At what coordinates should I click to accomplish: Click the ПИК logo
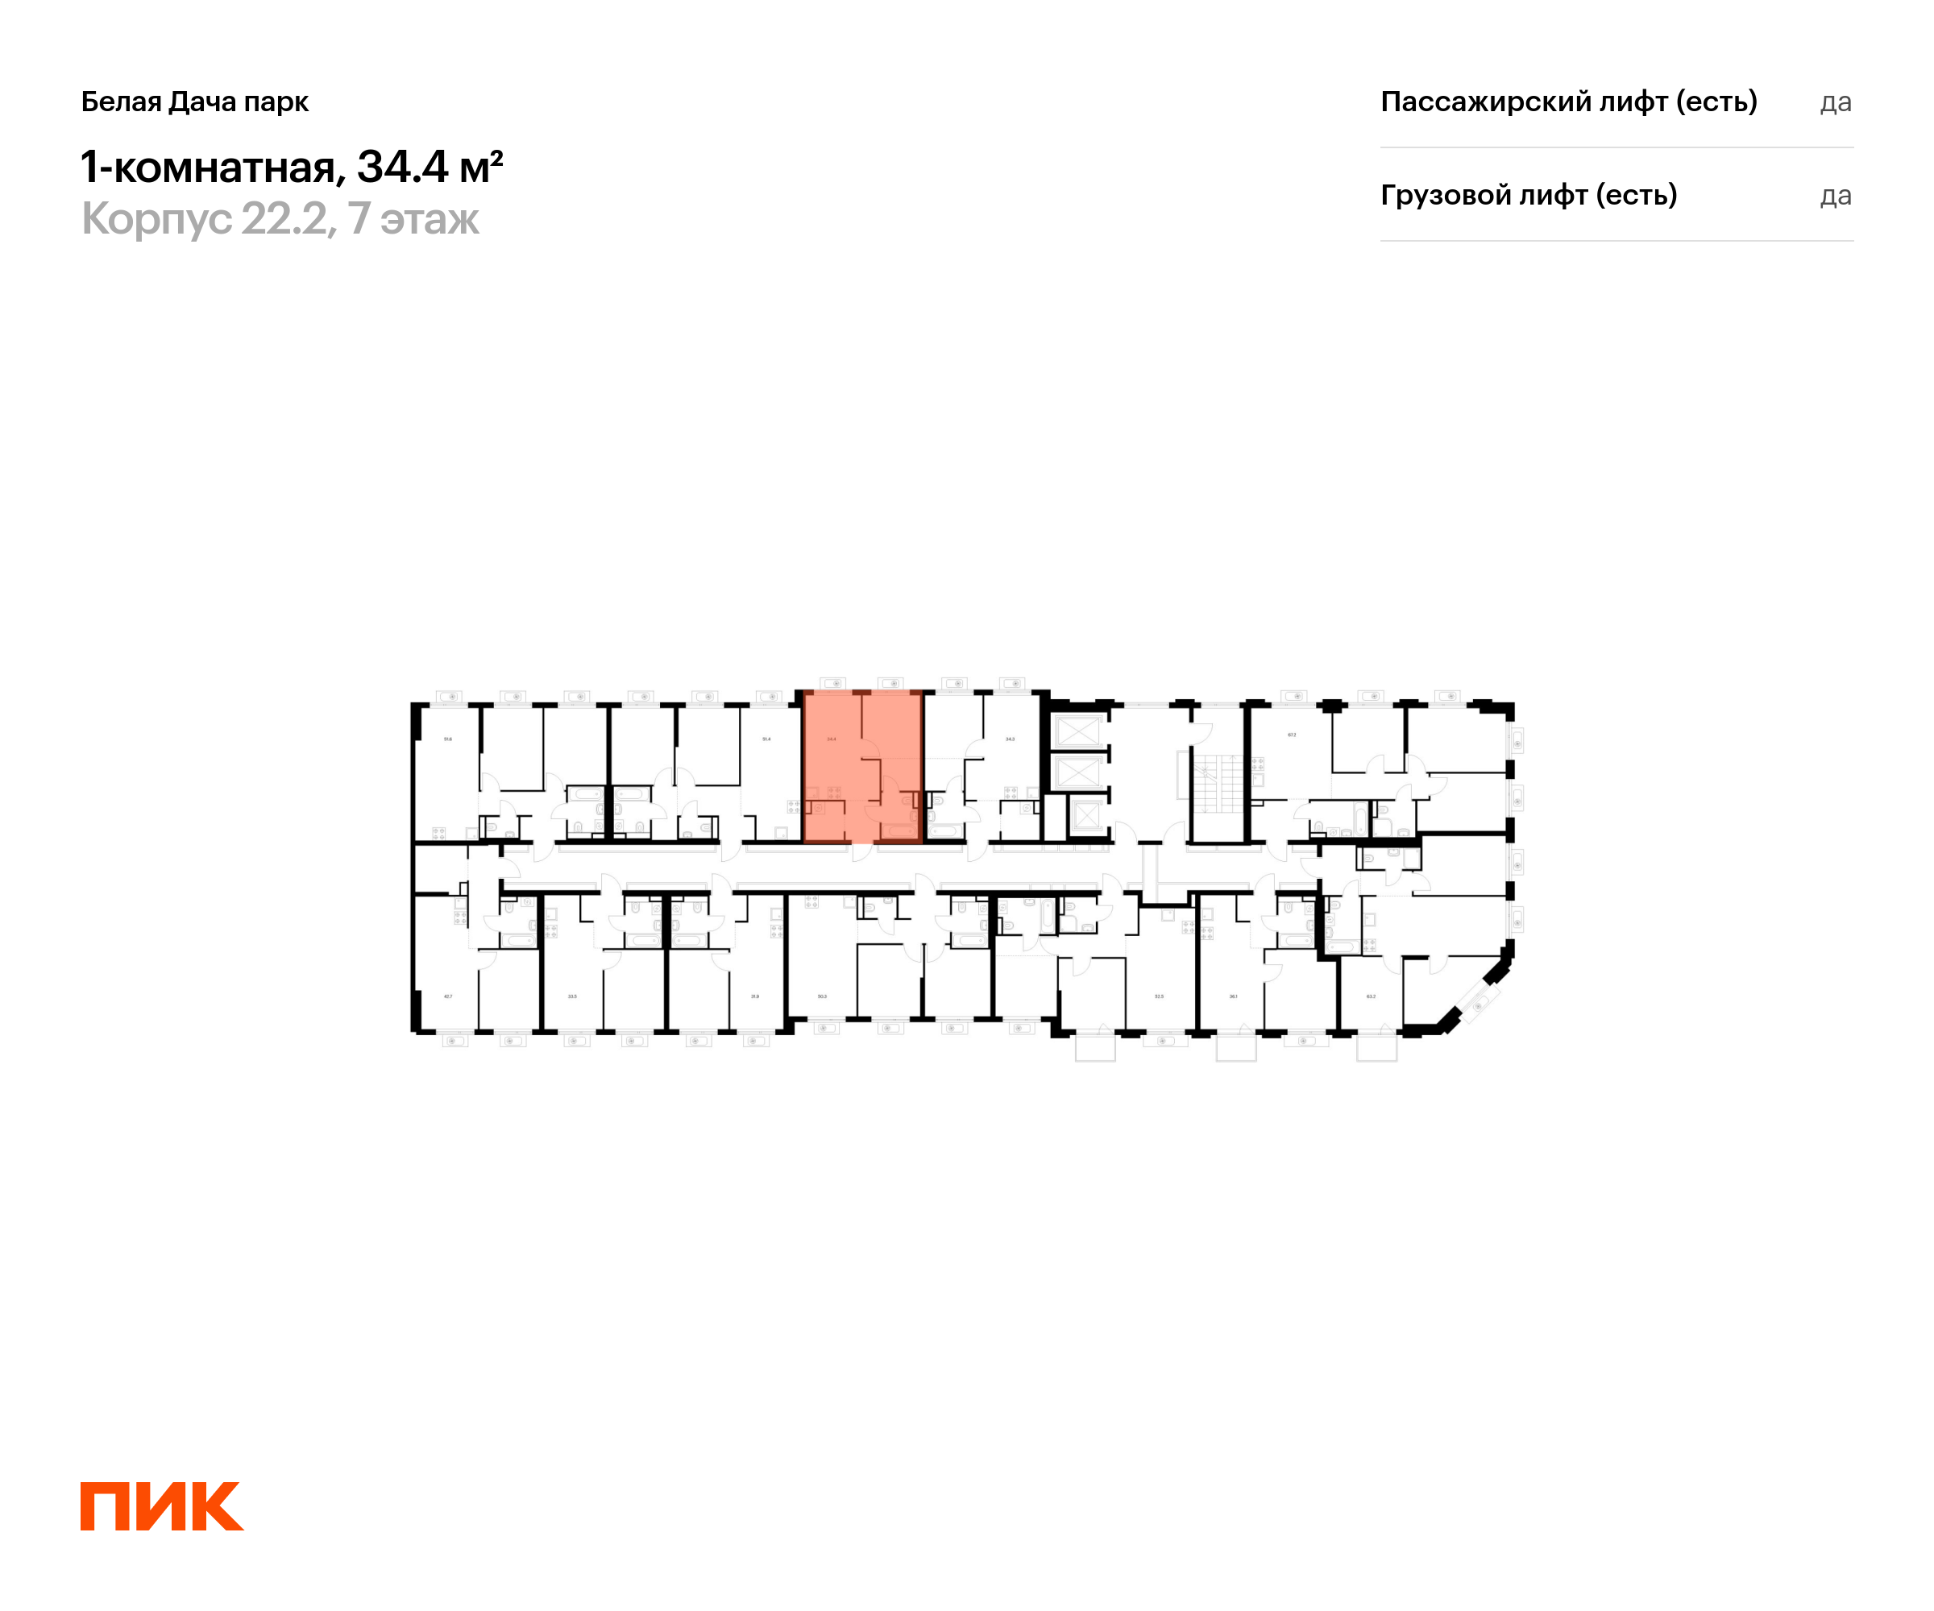pos(161,1506)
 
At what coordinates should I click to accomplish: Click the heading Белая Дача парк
pos(194,101)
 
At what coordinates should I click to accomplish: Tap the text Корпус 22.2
pos(204,219)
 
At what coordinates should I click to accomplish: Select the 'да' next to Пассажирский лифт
pos(1835,102)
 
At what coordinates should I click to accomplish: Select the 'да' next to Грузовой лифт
pos(1835,196)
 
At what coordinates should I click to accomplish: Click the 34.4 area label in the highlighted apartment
pos(832,739)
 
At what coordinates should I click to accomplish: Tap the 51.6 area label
pos(447,739)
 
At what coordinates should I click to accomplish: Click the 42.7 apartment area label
pos(447,996)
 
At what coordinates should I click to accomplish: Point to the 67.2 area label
pos(1291,735)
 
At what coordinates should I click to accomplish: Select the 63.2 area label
pos(1371,996)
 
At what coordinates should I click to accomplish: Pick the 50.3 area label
pos(821,996)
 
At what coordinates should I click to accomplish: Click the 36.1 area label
pos(1233,996)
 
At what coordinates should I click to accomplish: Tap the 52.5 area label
pos(1159,996)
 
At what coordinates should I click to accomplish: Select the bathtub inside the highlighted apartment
pos(898,830)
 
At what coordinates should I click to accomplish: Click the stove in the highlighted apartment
pos(833,793)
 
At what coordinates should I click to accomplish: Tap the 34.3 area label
pos(1011,739)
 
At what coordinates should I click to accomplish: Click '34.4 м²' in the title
pos(430,167)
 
